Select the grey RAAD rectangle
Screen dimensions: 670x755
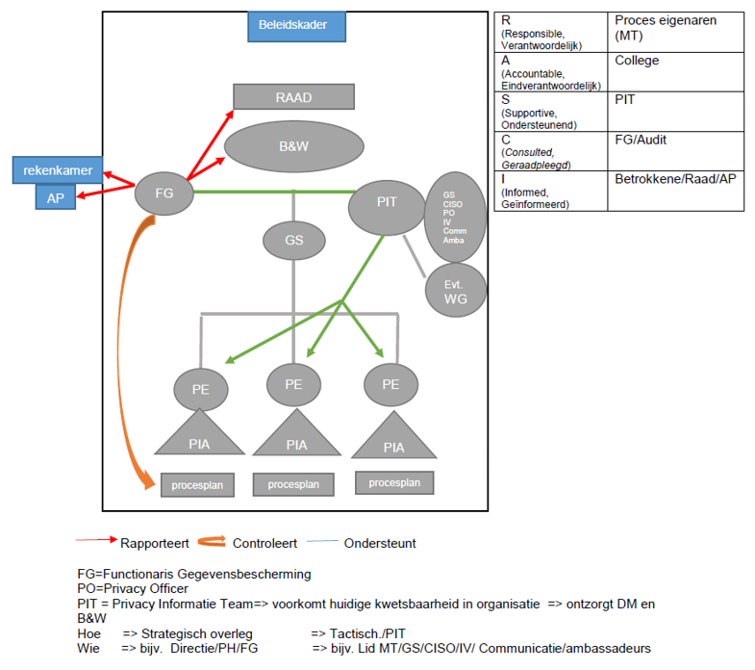point(293,97)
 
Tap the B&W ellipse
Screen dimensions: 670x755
point(293,147)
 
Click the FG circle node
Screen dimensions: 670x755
point(164,193)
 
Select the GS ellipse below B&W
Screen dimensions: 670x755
point(293,240)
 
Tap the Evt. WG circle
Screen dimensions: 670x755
point(454,292)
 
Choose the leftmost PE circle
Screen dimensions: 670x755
point(201,390)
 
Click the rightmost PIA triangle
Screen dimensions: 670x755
point(393,439)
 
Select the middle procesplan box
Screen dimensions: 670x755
point(293,483)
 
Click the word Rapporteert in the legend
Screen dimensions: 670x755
point(154,543)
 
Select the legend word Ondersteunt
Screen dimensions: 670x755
point(380,543)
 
